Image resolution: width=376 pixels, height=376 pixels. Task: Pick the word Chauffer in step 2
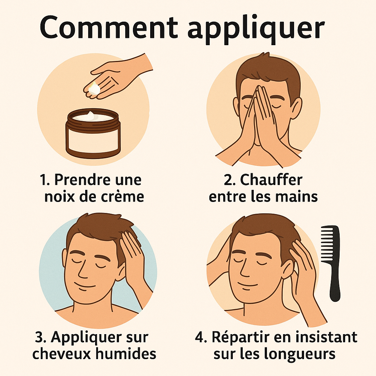pos(271,180)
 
